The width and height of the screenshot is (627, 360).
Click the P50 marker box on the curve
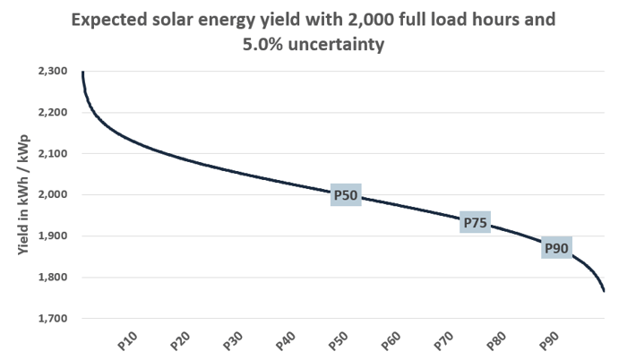coord(346,195)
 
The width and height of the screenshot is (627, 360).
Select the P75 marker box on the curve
coord(474,223)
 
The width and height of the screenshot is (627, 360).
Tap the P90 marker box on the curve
coord(556,248)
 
